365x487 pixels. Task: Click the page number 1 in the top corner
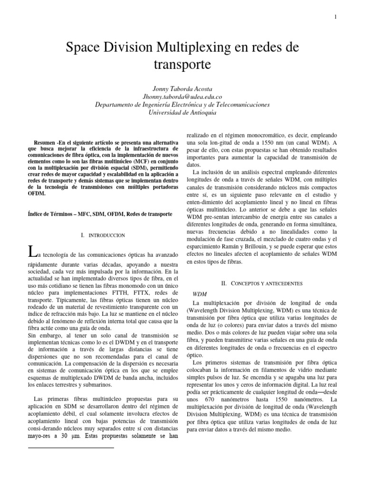pos(335,18)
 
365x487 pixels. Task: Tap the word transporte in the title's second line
pos(182,63)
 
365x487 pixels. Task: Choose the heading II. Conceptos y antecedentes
pos(262,283)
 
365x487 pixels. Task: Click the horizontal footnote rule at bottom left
pos(71,448)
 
